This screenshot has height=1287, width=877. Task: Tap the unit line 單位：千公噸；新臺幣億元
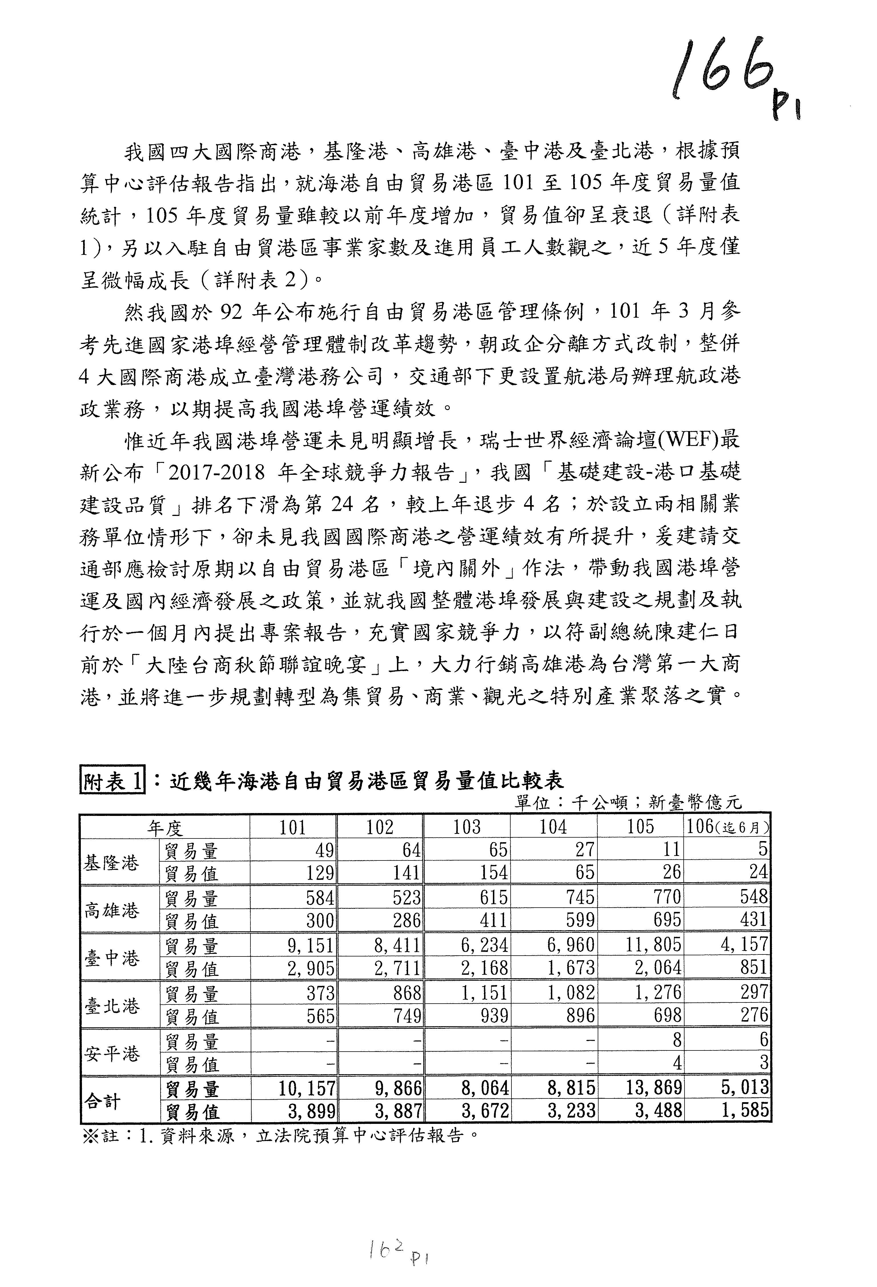click(x=627, y=802)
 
